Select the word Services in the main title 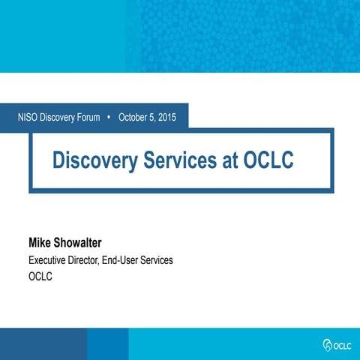point(179,160)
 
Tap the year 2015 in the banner point(170,117)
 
